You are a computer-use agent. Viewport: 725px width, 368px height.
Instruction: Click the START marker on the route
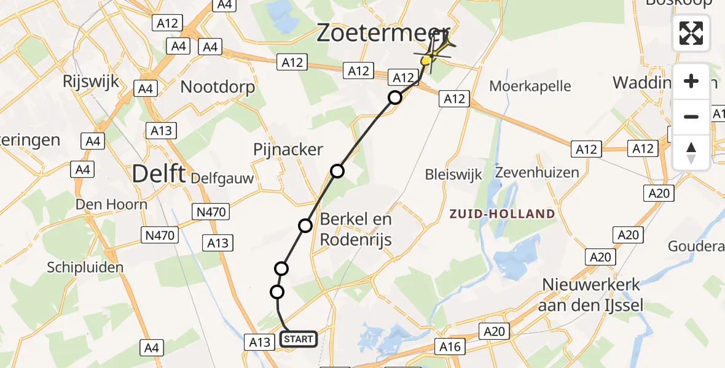pyautogui.click(x=299, y=339)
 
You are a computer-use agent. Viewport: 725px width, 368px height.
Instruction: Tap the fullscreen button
pyautogui.click(x=691, y=33)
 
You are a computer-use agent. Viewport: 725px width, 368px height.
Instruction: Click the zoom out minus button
pyautogui.click(x=691, y=117)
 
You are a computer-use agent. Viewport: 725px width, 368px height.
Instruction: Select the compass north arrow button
pyautogui.click(x=691, y=151)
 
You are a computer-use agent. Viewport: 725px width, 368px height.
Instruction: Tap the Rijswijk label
pyautogui.click(x=91, y=82)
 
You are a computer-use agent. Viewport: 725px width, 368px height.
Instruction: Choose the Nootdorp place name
pyautogui.click(x=217, y=87)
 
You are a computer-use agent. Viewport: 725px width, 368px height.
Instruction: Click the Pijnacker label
pyautogui.click(x=288, y=150)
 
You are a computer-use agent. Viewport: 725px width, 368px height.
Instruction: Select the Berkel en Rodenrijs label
pyautogui.click(x=356, y=229)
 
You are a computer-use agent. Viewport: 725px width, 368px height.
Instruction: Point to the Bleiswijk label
pyautogui.click(x=453, y=174)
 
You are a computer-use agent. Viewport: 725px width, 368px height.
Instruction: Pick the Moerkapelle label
pyautogui.click(x=530, y=86)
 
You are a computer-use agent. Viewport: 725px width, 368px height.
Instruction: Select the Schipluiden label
pyautogui.click(x=85, y=267)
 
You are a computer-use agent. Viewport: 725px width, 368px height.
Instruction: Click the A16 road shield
pyautogui.click(x=450, y=347)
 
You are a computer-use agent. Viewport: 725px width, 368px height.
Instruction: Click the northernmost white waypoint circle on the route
pyautogui.click(x=395, y=98)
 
